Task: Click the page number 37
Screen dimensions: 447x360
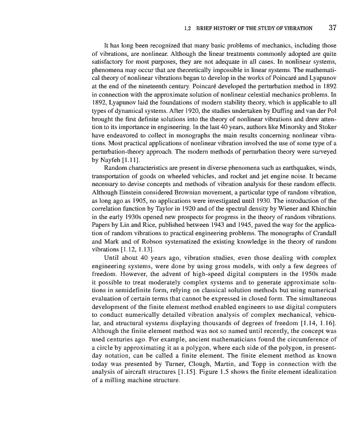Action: pyautogui.click(x=333, y=27)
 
